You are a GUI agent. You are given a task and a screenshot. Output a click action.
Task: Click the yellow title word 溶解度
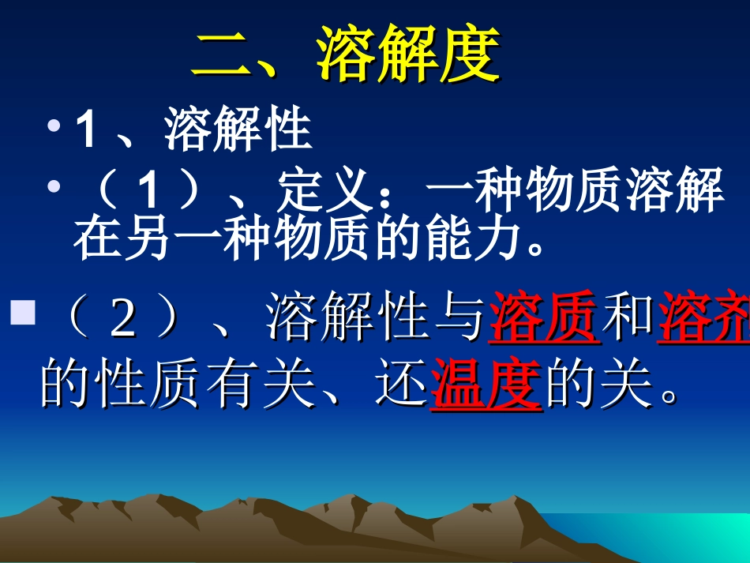[408, 56]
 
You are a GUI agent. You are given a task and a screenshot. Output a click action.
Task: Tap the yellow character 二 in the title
[222, 57]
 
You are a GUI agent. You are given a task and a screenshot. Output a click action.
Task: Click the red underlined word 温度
[486, 386]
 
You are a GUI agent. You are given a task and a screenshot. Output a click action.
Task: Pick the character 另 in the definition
[147, 241]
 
